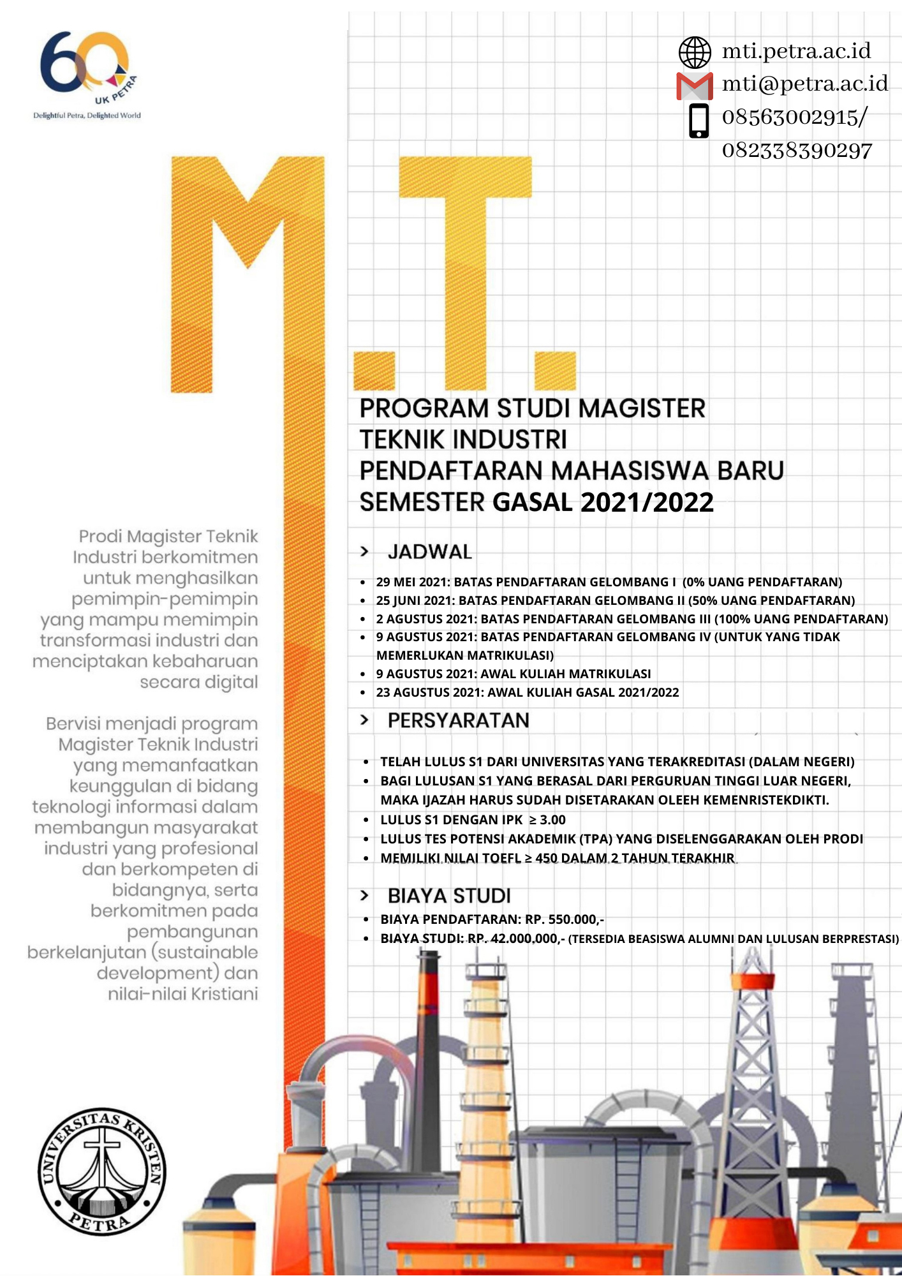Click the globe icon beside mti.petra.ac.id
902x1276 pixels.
pos(695,52)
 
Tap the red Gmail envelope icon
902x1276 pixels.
pos(694,86)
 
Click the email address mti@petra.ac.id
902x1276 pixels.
pos(804,84)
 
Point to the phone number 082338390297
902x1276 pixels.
pos(797,151)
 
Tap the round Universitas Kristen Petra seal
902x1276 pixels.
pos(102,1171)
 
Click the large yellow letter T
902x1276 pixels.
pos(466,255)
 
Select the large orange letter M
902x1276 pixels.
pos(248,268)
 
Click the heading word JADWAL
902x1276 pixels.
pos(430,552)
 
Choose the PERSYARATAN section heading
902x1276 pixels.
pos(458,720)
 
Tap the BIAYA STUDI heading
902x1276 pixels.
pos(449,896)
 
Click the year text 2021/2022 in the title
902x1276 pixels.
pos(647,503)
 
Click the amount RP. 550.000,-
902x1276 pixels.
pos(565,919)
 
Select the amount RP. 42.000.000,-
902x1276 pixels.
pos(516,938)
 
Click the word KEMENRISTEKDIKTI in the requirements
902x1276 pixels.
pos(765,800)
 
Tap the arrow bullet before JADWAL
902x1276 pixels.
pos(364,551)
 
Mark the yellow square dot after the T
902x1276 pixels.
pos(555,370)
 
